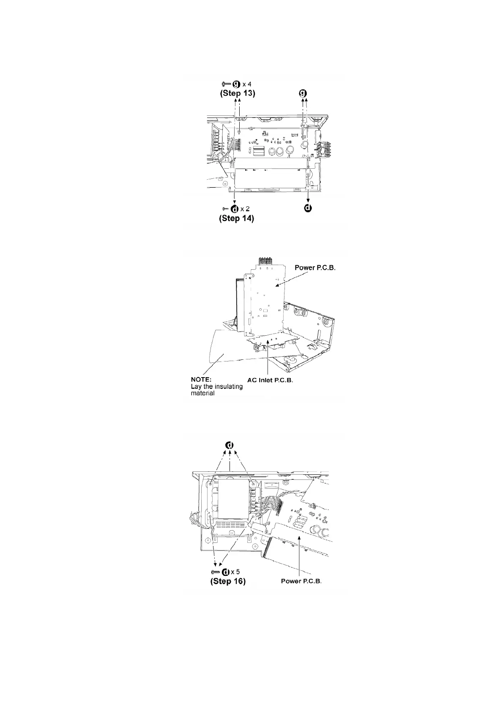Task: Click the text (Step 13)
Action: pyautogui.click(x=237, y=93)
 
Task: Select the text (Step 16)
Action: pyautogui.click(x=228, y=581)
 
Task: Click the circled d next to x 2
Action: pyautogui.click(x=234, y=209)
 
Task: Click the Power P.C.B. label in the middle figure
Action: pyautogui.click(x=315, y=268)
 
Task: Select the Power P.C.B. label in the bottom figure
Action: pyautogui.click(x=301, y=581)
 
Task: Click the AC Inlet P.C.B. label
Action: pyautogui.click(x=270, y=380)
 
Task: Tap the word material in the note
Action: pyautogui.click(x=202, y=394)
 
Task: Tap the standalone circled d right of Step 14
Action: pyautogui.click(x=309, y=208)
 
